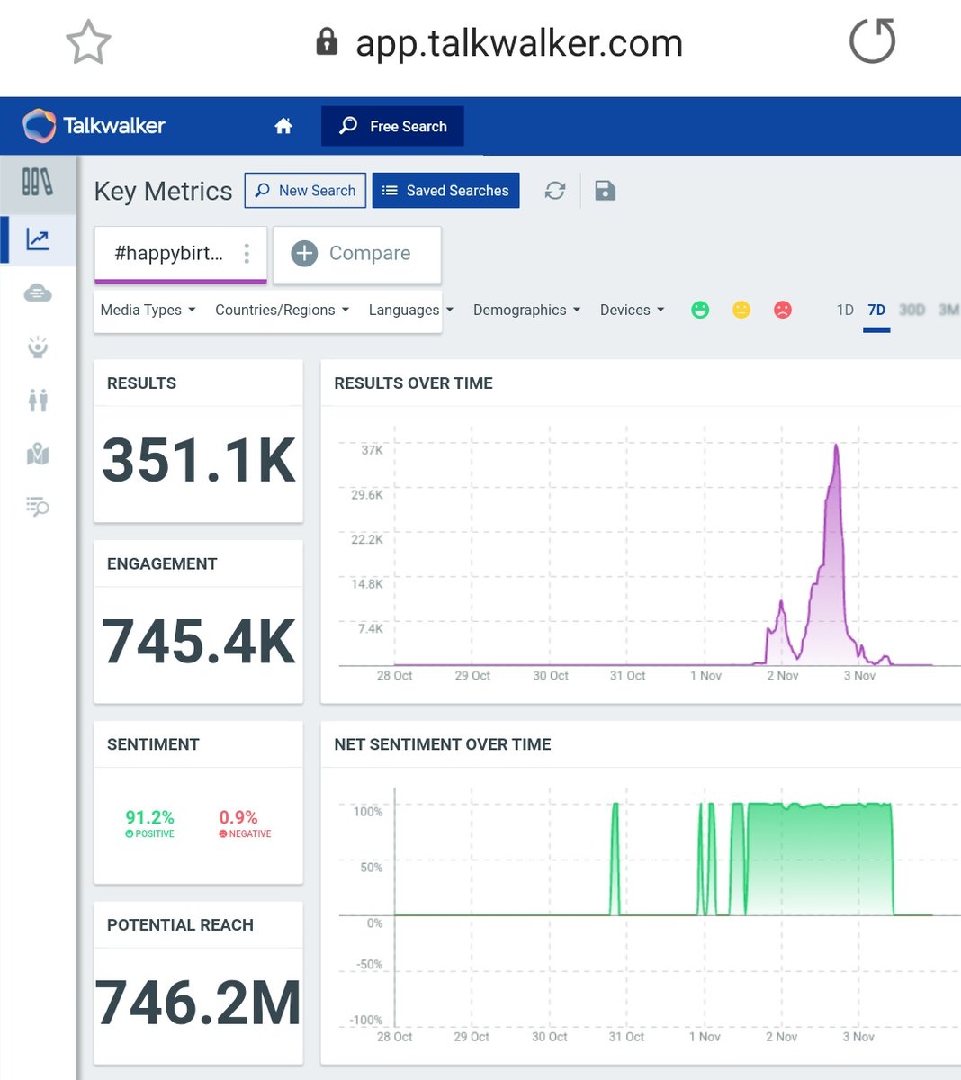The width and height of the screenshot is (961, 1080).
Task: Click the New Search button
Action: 305,191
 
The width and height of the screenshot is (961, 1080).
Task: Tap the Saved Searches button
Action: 445,191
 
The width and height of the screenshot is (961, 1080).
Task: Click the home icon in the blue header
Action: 283,126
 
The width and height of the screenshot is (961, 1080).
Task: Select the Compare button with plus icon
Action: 356,254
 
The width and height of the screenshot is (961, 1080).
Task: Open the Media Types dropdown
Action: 148,310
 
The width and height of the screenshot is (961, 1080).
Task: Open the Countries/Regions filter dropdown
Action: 282,310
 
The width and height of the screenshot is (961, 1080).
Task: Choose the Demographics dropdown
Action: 526,310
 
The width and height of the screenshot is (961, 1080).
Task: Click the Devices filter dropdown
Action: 632,310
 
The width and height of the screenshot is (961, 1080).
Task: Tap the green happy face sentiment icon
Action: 700,310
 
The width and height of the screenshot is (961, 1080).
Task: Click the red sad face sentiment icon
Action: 783,310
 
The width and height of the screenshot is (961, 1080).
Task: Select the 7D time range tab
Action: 876,310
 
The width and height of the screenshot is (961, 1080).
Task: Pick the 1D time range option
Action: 845,310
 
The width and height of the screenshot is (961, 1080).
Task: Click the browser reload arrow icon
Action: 873,41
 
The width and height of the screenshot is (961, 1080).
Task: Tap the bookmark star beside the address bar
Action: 88,42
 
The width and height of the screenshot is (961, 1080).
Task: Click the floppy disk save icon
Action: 605,191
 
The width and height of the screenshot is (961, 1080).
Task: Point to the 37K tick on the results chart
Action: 372,450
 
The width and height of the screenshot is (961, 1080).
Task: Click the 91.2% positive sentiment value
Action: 149,817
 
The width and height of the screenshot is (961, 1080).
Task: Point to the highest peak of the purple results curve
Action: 837,445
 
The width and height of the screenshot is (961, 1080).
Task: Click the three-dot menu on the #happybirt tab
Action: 247,254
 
